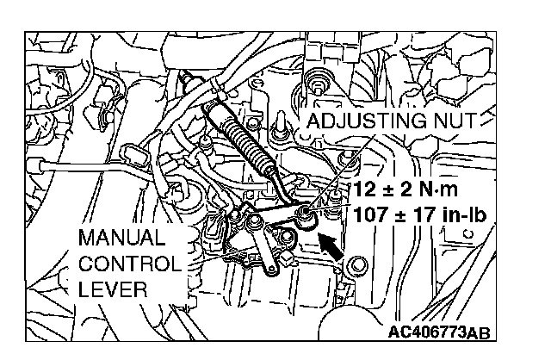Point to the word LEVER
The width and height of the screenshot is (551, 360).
106,289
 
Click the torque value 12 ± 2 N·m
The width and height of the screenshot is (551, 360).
412,189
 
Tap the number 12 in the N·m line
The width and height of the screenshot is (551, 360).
363,189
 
